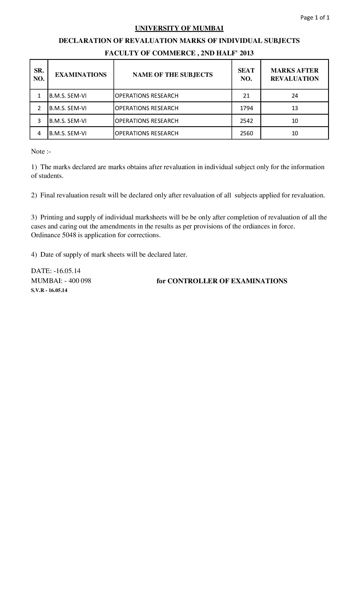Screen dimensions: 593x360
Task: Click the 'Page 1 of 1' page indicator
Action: [x=315, y=18]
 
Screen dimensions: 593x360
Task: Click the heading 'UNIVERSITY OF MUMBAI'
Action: [x=179, y=28]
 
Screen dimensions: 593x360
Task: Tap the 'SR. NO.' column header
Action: [x=39, y=75]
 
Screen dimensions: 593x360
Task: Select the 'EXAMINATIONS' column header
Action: [x=81, y=75]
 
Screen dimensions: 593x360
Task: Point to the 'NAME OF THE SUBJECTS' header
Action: [x=173, y=75]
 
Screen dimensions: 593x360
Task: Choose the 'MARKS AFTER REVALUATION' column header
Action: [x=294, y=75]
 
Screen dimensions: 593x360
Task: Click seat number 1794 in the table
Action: [x=246, y=108]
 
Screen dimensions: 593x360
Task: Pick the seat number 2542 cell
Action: [x=246, y=121]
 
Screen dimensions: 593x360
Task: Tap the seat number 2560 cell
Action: [x=246, y=133]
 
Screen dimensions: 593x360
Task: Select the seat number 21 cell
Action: [x=246, y=96]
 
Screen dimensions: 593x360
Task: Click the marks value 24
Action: [x=294, y=96]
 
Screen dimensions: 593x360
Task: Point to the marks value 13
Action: [x=294, y=108]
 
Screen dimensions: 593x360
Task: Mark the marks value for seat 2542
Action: [x=294, y=121]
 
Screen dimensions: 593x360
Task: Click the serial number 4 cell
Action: [x=39, y=133]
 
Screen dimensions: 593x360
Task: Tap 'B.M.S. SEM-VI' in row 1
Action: [x=68, y=96]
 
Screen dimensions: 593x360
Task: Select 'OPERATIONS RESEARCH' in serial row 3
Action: [x=147, y=121]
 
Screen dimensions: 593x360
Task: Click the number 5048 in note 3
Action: [x=69, y=235]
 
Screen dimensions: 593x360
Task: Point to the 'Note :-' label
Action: [x=41, y=152]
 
